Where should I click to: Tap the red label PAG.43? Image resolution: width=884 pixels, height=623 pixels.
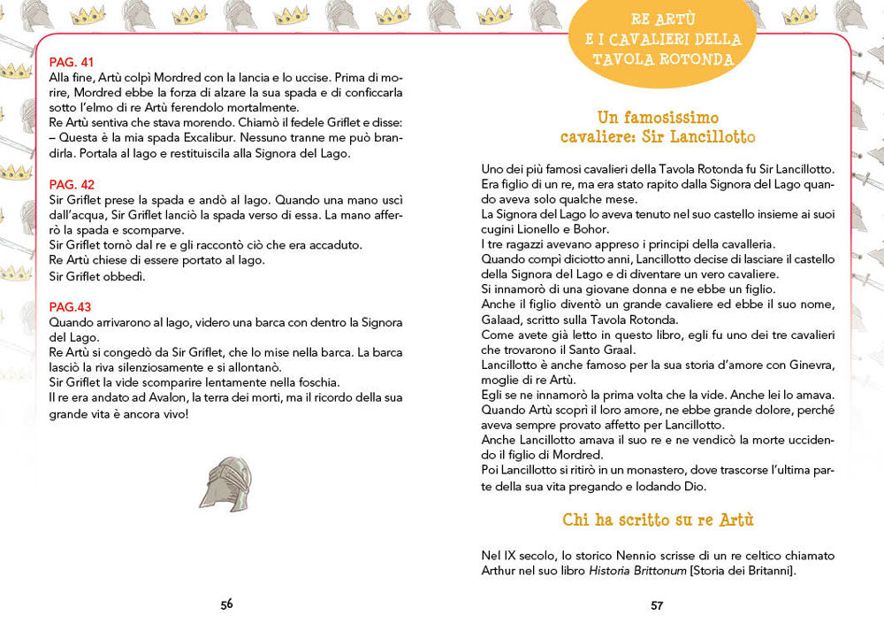70,306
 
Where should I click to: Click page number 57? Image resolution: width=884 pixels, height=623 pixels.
657,604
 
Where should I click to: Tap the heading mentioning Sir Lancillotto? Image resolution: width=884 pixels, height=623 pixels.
658,127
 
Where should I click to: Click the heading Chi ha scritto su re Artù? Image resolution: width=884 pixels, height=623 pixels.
658,519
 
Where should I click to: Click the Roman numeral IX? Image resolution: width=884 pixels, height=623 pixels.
507,556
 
